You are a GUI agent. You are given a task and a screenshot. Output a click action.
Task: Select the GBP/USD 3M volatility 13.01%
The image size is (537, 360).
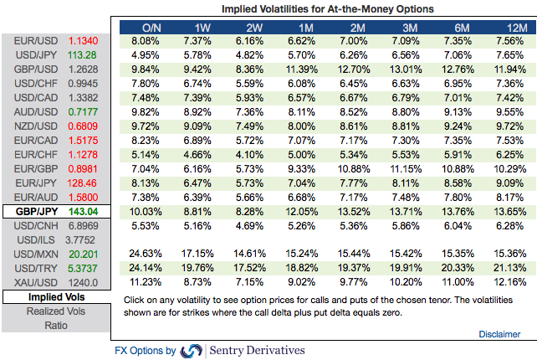click(x=406, y=69)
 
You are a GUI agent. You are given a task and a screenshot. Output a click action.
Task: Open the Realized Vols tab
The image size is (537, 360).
click(x=55, y=311)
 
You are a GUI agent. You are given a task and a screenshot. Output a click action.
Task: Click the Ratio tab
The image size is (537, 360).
click(x=55, y=326)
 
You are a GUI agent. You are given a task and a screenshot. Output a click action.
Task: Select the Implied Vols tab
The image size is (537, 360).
click(x=55, y=297)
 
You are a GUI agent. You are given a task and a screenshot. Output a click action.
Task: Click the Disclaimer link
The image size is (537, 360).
click(x=499, y=334)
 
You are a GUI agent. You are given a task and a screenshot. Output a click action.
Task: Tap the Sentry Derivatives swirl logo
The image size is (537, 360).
click(x=192, y=351)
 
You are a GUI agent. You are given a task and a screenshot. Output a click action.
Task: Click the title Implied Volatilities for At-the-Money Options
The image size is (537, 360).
click(x=328, y=8)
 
